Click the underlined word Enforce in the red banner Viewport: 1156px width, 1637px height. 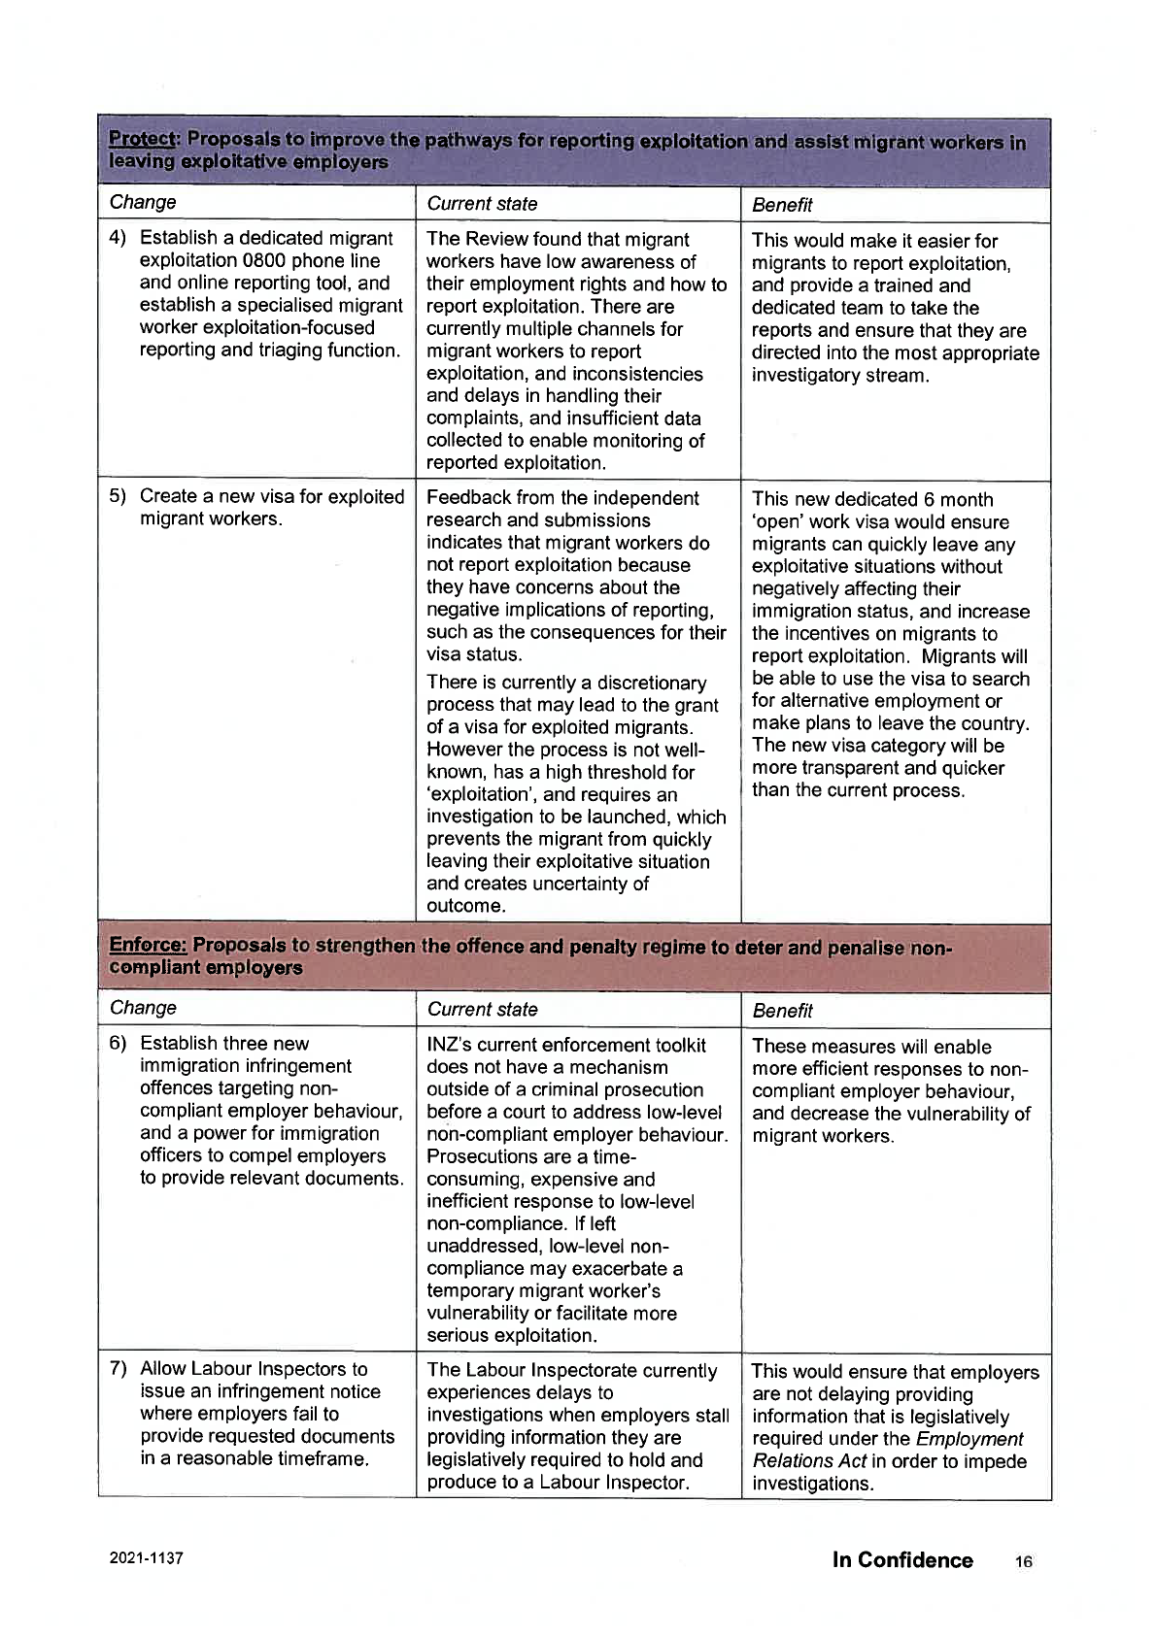pyautogui.click(x=147, y=945)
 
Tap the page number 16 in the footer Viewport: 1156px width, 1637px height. pyautogui.click(x=1024, y=1561)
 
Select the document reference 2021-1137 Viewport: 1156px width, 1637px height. pyautogui.click(x=146, y=1557)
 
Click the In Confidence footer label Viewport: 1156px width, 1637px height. pyautogui.click(x=902, y=1559)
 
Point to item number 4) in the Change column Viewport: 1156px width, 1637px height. pyautogui.click(x=118, y=238)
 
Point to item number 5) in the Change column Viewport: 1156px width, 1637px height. pyautogui.click(x=118, y=496)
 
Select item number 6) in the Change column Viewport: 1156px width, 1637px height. pyautogui.click(x=118, y=1044)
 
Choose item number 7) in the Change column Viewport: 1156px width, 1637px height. pyautogui.click(x=118, y=1369)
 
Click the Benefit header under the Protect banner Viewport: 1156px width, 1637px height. pyautogui.click(x=782, y=205)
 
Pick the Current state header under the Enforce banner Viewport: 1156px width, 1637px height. pyautogui.click(x=482, y=1010)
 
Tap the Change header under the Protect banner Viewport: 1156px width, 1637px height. pyautogui.click(x=143, y=202)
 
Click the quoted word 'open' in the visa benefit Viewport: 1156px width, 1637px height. pyautogui.click(x=780, y=521)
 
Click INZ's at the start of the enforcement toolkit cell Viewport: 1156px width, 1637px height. pyautogui.click(x=450, y=1045)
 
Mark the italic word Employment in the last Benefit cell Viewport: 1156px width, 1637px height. pyautogui.click(x=969, y=1439)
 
